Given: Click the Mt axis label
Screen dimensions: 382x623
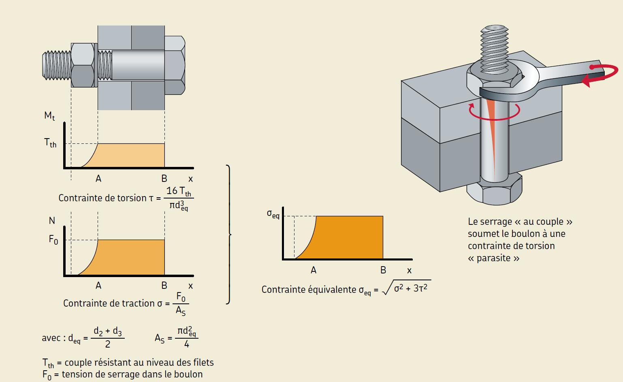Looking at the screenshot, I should [x=49, y=116].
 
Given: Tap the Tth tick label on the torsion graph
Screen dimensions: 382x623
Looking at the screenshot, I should [x=50, y=143].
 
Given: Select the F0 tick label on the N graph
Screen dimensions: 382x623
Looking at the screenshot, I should [x=53, y=239].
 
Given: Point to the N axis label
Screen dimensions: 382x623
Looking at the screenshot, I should [x=52, y=221].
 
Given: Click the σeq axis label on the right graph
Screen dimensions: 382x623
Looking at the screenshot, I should [x=273, y=214].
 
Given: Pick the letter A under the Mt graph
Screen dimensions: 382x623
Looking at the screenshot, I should [x=98, y=179].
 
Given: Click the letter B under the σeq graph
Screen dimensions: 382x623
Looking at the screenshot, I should [x=383, y=270].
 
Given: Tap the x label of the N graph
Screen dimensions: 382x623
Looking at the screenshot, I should [x=191, y=286].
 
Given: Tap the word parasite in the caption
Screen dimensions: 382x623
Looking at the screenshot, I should [x=494, y=258].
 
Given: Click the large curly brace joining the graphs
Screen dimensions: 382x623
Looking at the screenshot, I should [x=229, y=234].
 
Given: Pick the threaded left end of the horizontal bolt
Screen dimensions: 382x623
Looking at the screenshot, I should [x=56, y=65].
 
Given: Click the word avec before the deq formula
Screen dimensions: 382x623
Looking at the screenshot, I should [x=51, y=338].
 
